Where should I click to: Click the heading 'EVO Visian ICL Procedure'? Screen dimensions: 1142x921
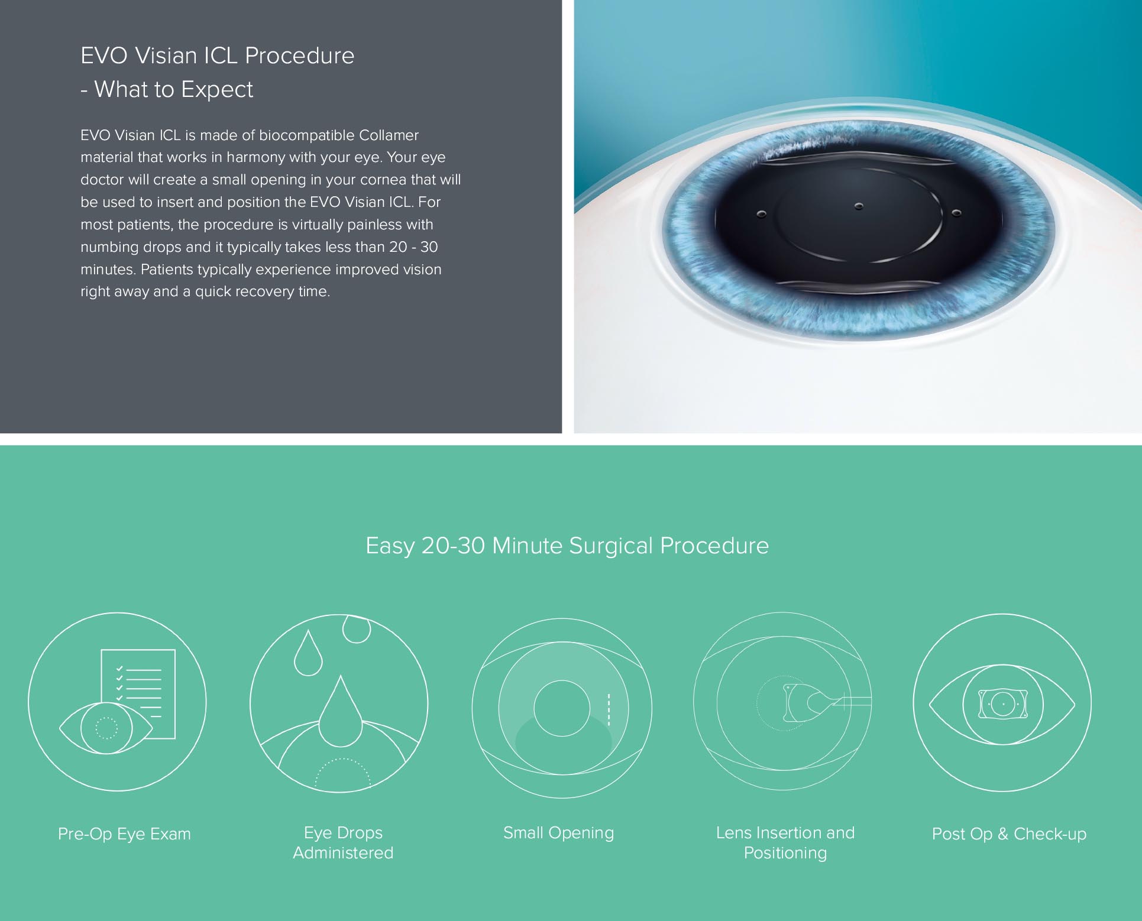[x=217, y=56]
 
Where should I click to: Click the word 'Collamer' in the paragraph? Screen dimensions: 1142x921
[x=388, y=135]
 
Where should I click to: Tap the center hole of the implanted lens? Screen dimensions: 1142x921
[x=859, y=206]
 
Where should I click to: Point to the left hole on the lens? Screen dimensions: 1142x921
[x=761, y=213]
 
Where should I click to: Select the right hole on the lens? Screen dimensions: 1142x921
[x=956, y=213]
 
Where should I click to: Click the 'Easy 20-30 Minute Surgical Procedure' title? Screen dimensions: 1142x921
[x=567, y=546]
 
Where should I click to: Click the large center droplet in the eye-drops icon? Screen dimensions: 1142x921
[x=340, y=712]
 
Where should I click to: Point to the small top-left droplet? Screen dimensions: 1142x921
[x=308, y=653]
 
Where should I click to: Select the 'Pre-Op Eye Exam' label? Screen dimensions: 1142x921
[x=124, y=834]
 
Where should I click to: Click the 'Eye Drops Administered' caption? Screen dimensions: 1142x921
[x=343, y=842]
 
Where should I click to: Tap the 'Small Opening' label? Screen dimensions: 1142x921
[x=558, y=833]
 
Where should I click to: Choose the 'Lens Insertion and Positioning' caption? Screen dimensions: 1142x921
[x=785, y=842]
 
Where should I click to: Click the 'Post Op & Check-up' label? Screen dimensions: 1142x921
[x=1009, y=834]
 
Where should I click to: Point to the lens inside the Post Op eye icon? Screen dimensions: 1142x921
[x=1002, y=704]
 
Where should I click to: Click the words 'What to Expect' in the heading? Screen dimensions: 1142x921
[x=174, y=89]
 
